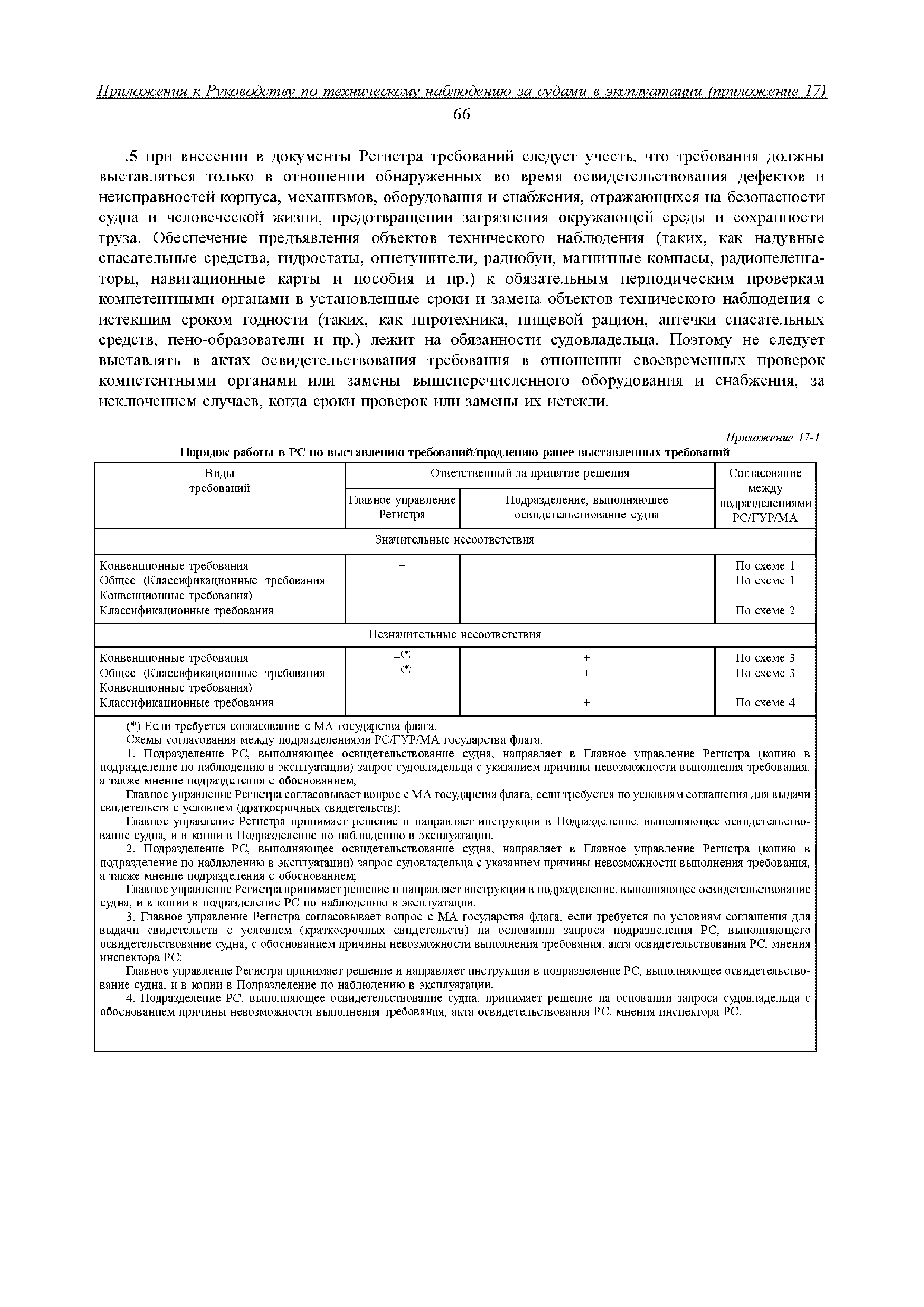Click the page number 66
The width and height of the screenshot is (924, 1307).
click(461, 114)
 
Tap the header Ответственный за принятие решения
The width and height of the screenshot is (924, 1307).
click(529, 473)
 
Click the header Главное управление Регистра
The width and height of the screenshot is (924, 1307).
click(402, 507)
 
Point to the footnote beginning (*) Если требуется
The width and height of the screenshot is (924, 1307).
click(281, 727)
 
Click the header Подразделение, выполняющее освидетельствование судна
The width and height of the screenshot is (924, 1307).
click(586, 507)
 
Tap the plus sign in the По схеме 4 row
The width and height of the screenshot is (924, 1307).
click(586, 703)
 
